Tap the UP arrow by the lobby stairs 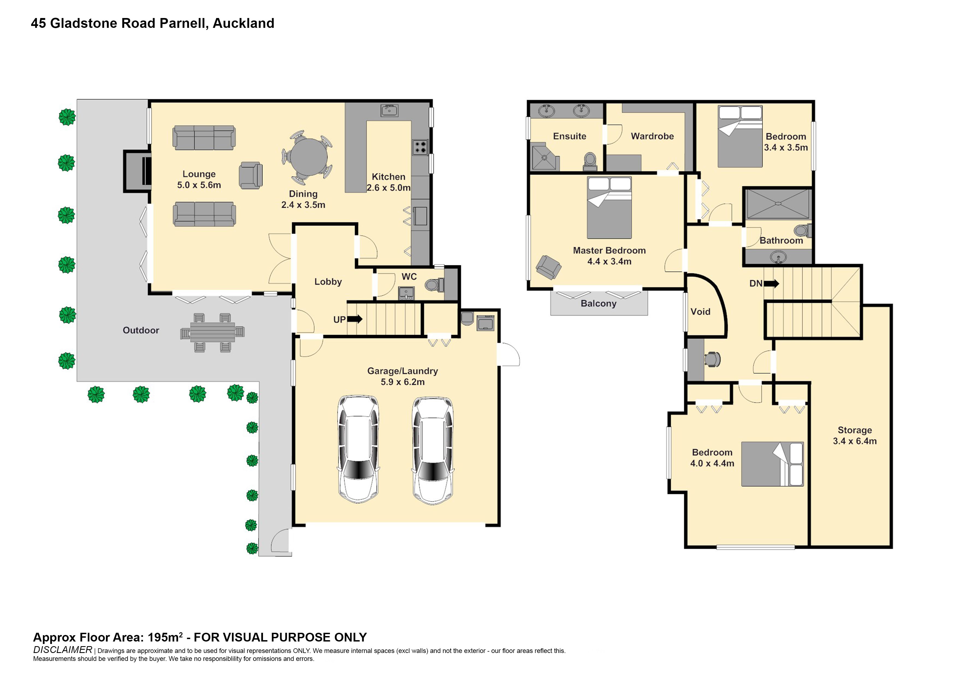pos(355,319)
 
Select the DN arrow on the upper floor pos(771,284)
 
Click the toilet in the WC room pos(434,285)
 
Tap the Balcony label pos(598,304)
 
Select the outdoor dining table pos(212,332)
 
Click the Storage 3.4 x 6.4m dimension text pos(854,441)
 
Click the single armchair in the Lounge pos(251,176)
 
